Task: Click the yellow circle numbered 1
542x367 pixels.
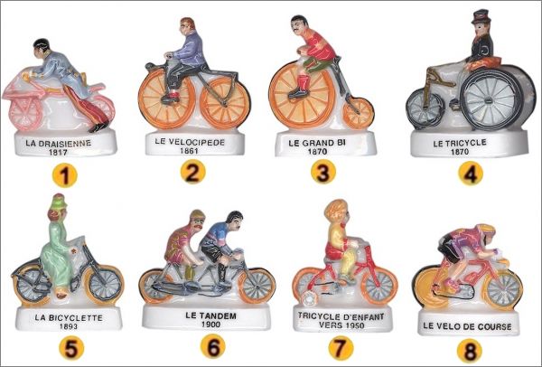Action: [65, 175]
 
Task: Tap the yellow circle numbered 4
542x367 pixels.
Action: [471, 174]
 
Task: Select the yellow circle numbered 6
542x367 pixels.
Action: [213, 346]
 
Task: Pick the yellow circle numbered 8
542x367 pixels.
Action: [470, 351]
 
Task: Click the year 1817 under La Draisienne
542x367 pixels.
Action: [58, 152]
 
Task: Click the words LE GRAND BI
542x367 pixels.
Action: [317, 143]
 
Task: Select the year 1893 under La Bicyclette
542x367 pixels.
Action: [69, 326]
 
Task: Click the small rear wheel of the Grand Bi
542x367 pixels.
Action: [358, 113]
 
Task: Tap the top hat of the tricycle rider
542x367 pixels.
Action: [481, 16]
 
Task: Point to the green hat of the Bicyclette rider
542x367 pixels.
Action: [58, 202]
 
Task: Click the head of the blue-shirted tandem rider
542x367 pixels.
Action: [234, 221]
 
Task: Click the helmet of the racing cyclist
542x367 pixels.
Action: [486, 230]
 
